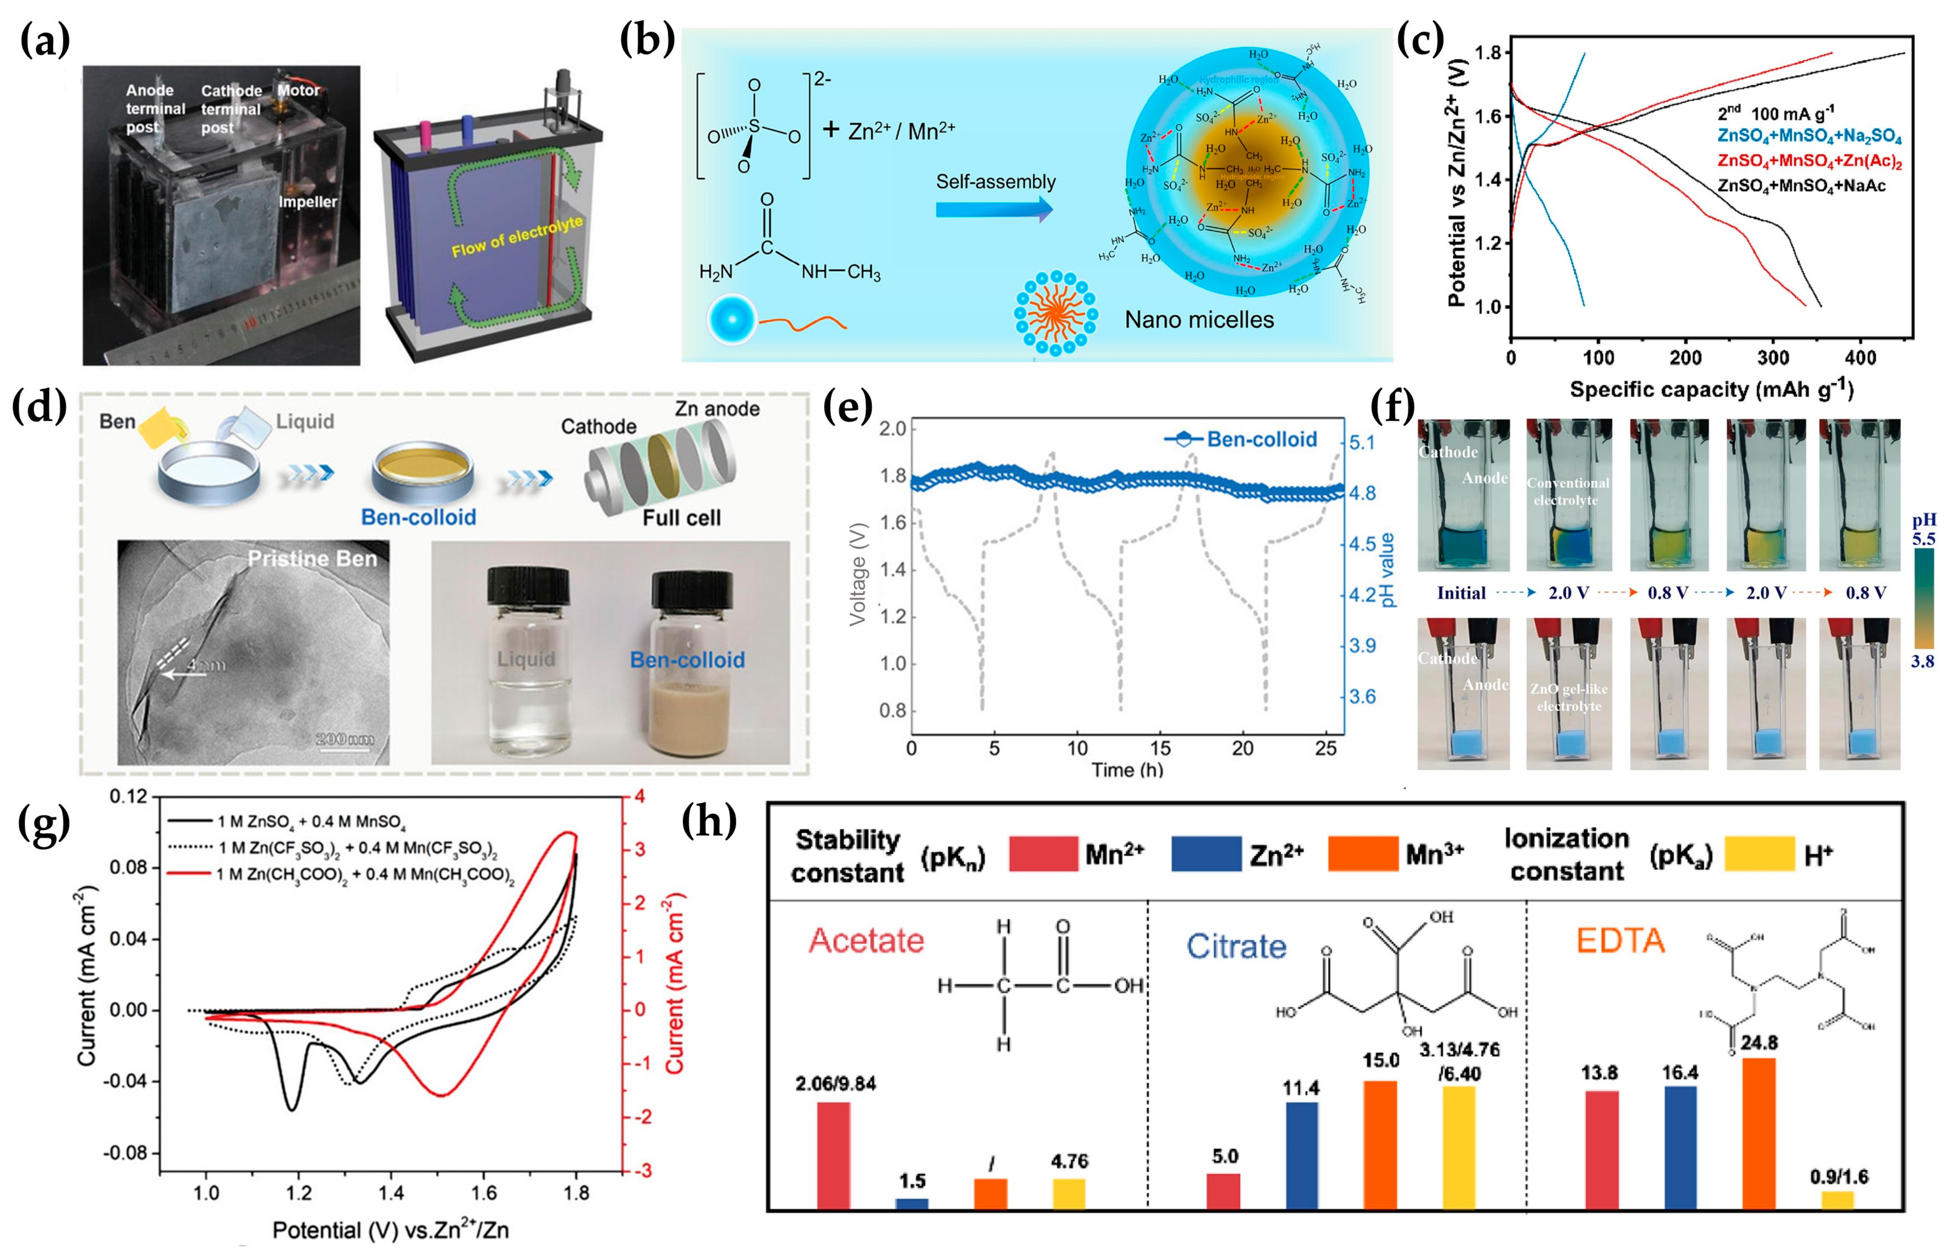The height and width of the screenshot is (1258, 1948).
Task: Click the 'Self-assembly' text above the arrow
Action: click(x=995, y=181)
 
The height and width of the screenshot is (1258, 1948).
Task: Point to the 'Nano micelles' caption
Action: click(x=1199, y=320)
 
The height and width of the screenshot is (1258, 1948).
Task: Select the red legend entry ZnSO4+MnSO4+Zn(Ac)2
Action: click(x=1809, y=161)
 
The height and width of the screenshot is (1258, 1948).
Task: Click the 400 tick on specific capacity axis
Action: click(x=1860, y=357)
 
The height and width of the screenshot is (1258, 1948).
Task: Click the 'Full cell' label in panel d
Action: click(x=681, y=518)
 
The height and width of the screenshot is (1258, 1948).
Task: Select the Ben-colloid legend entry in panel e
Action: click(x=1241, y=439)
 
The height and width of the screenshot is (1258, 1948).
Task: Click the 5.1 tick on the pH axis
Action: click(x=1362, y=443)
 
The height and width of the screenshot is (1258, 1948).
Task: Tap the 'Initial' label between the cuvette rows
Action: click(x=1461, y=593)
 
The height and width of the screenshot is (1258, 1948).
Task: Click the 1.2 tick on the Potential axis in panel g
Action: click(x=299, y=1193)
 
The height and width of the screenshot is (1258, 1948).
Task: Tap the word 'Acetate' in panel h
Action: click(x=866, y=941)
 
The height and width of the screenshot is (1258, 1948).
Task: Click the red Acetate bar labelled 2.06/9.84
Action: click(x=834, y=1154)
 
